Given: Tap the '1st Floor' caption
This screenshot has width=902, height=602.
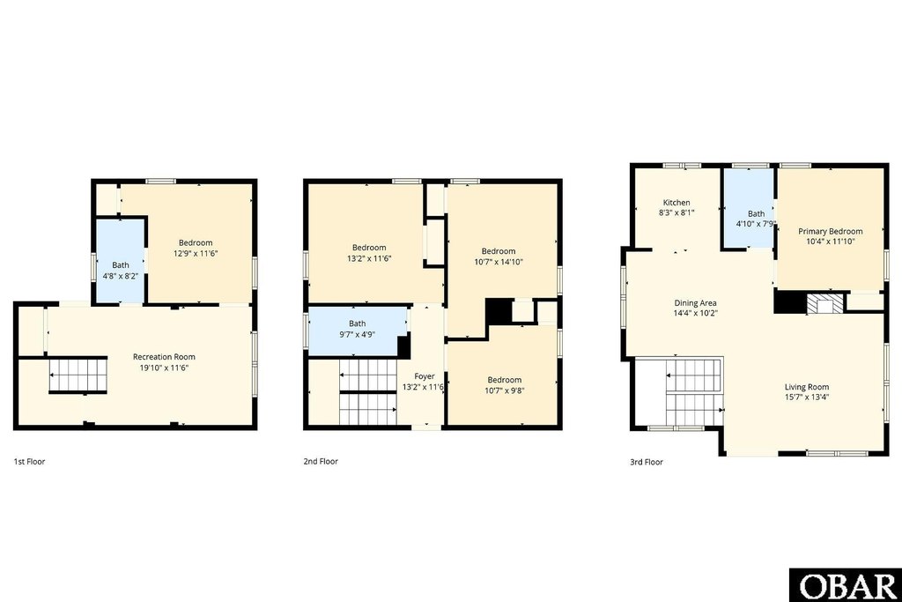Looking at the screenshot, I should (29, 461).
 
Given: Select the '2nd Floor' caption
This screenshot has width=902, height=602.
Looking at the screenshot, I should (321, 461).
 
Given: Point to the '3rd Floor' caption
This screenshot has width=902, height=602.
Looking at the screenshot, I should (647, 461).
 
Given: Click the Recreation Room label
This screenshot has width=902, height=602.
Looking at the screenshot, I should (163, 356).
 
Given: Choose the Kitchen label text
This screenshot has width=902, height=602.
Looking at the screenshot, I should (676, 202).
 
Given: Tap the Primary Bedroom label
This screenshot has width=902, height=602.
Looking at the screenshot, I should (830, 231).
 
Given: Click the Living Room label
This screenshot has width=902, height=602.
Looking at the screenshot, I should (806, 386).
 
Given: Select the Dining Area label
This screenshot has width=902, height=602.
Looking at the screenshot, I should (695, 302).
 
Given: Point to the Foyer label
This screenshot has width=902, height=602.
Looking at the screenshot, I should (425, 376).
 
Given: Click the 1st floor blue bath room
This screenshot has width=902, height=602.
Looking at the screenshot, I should (120, 261).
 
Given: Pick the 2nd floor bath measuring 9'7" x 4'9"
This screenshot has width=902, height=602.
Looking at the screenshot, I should (357, 329).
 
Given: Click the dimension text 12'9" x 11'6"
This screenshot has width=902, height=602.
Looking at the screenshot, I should (196, 253).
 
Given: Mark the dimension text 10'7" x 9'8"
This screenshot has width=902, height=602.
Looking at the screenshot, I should (504, 390).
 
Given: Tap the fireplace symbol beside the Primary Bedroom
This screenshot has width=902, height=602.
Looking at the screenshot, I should (825, 303).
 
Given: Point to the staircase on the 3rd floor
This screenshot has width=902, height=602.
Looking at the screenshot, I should (691, 392).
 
